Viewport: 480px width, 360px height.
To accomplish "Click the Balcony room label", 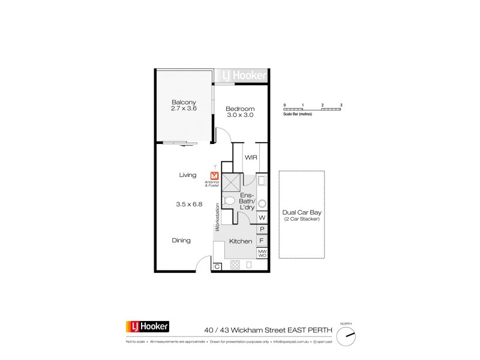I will [x=184, y=101].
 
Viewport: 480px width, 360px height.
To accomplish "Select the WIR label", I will [x=251, y=157].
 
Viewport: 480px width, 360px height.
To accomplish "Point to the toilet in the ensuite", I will [x=229, y=202].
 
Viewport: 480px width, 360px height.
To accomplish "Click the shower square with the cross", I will [x=231, y=179].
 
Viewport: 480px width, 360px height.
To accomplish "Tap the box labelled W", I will [x=262, y=218].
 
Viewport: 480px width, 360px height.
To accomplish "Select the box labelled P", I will [x=262, y=229].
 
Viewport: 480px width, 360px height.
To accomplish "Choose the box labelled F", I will [x=262, y=241].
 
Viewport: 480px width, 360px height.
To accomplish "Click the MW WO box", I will [x=262, y=253].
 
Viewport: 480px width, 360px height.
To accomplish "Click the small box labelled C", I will [x=217, y=266].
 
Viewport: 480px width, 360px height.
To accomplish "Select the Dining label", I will [x=181, y=241].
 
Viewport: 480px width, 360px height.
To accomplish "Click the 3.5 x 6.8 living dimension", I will [x=189, y=204].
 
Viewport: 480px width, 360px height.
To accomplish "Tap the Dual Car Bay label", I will [x=302, y=214].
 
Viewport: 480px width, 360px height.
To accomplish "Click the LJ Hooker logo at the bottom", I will [x=147, y=327].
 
